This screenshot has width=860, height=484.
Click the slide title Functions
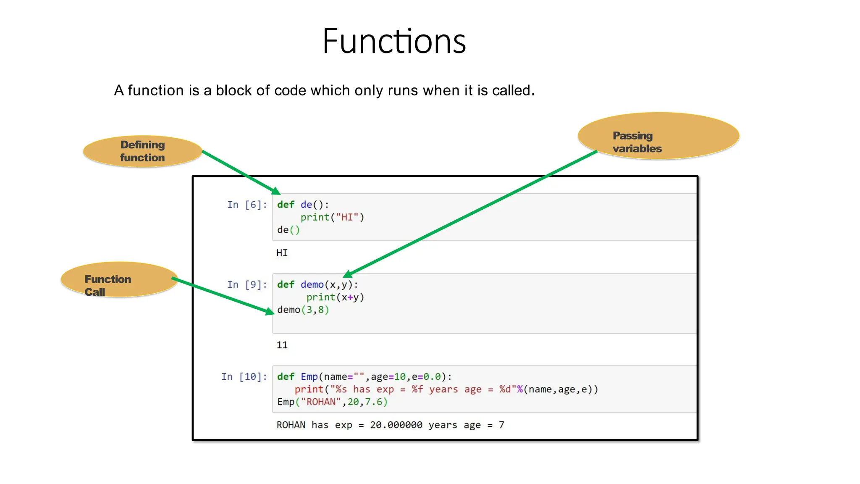tap(394, 41)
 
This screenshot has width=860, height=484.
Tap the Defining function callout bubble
tap(142, 151)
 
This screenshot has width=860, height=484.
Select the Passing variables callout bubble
tap(658, 136)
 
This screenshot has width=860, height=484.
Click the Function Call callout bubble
tap(119, 280)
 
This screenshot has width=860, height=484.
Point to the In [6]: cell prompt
tap(247, 205)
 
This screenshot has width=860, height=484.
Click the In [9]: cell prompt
tap(247, 285)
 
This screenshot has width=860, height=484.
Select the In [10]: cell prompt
tap(244, 377)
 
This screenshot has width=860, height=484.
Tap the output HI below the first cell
tap(282, 253)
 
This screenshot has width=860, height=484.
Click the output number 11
tap(282, 345)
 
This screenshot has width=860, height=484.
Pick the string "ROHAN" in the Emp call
tap(321, 402)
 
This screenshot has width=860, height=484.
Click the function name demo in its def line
tap(312, 285)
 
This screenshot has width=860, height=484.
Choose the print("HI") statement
tap(332, 218)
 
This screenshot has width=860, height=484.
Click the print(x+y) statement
tap(335, 297)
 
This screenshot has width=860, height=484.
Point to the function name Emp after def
tap(309, 377)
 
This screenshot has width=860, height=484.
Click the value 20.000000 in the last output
tap(396, 425)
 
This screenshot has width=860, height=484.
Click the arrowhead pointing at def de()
tap(276, 191)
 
